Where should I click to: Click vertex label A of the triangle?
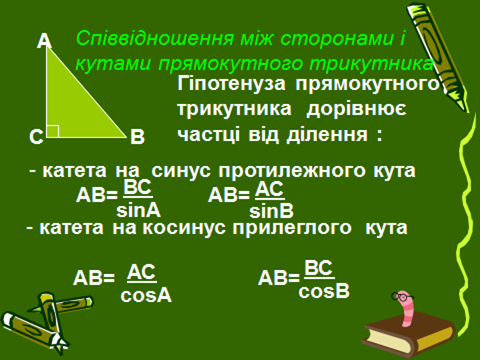pos(44,41)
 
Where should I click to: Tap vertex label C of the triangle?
pos(36,137)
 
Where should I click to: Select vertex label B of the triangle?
pos(138,137)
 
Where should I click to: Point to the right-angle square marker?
pos(52,131)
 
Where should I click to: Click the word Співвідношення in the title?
pos(155,39)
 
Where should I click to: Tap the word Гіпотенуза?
pos(231,84)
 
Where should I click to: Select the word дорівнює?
pos(356,109)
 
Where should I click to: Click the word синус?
pos(181,170)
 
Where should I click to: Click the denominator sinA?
pos(138,211)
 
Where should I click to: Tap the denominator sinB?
pos(271,211)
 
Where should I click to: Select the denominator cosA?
pos(146,296)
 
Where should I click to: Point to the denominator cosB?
pos(324,292)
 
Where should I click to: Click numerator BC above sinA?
pos(138,187)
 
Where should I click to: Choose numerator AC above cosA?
pos(141,272)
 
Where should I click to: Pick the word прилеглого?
pos(292,228)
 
